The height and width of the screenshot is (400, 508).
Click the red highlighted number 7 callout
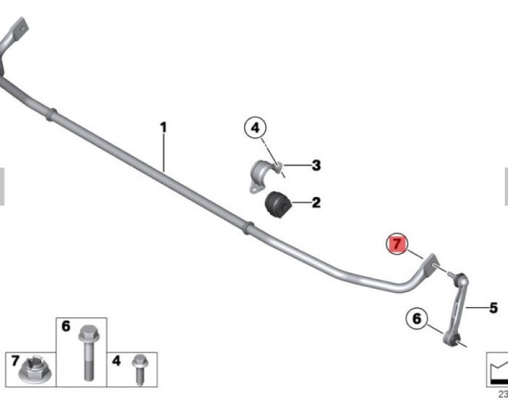(397, 244)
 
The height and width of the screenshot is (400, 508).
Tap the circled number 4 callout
(256, 128)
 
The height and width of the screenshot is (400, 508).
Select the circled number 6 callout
(417, 318)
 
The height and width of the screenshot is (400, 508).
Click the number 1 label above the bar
(164, 127)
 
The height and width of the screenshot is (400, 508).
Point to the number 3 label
(316, 165)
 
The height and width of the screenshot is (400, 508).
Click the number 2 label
(316, 202)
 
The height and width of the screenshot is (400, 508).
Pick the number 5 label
(493, 308)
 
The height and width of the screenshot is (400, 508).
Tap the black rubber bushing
(278, 205)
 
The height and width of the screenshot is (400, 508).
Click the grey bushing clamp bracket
(266, 176)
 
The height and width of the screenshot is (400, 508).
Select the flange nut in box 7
(35, 371)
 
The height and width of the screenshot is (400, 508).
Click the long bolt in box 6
(89, 352)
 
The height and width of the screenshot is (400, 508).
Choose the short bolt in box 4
(140, 369)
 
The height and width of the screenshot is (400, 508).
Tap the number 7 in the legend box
(15, 360)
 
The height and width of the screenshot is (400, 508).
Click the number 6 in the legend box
(66, 326)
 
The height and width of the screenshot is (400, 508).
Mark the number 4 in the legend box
(116, 360)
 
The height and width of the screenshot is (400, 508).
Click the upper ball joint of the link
(460, 279)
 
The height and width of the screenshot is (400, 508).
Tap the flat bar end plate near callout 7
(429, 264)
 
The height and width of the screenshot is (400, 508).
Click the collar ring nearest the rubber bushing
(248, 227)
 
